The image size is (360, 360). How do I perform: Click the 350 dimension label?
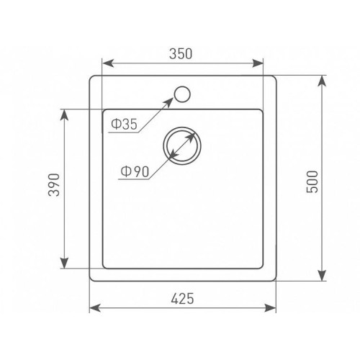[x=181, y=54]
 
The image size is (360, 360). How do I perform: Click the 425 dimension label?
[x=182, y=299]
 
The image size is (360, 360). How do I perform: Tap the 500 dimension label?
[x=312, y=181]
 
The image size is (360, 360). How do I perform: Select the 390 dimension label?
[x=54, y=185]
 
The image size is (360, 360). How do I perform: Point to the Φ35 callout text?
[x=125, y=125]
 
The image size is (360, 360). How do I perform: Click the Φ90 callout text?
[x=135, y=172]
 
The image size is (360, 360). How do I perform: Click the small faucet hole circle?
[x=182, y=94]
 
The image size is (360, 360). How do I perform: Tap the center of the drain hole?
[x=182, y=146]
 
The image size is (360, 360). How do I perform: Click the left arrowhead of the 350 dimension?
[x=108, y=63]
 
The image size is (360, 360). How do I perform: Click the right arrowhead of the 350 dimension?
[x=258, y=63]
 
